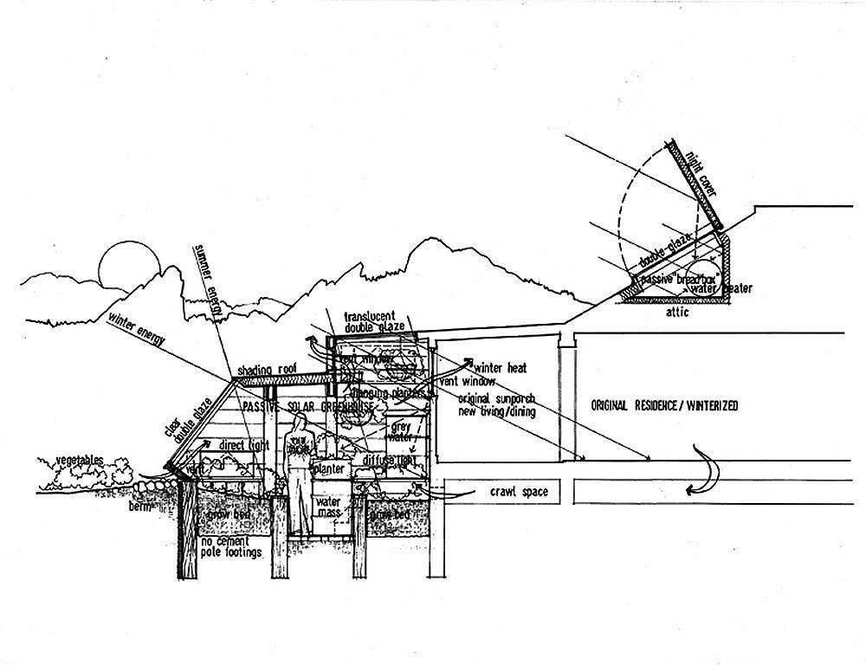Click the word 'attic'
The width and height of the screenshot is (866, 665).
(678, 313)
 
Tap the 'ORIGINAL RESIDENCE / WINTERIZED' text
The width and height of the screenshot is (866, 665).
(665, 405)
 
